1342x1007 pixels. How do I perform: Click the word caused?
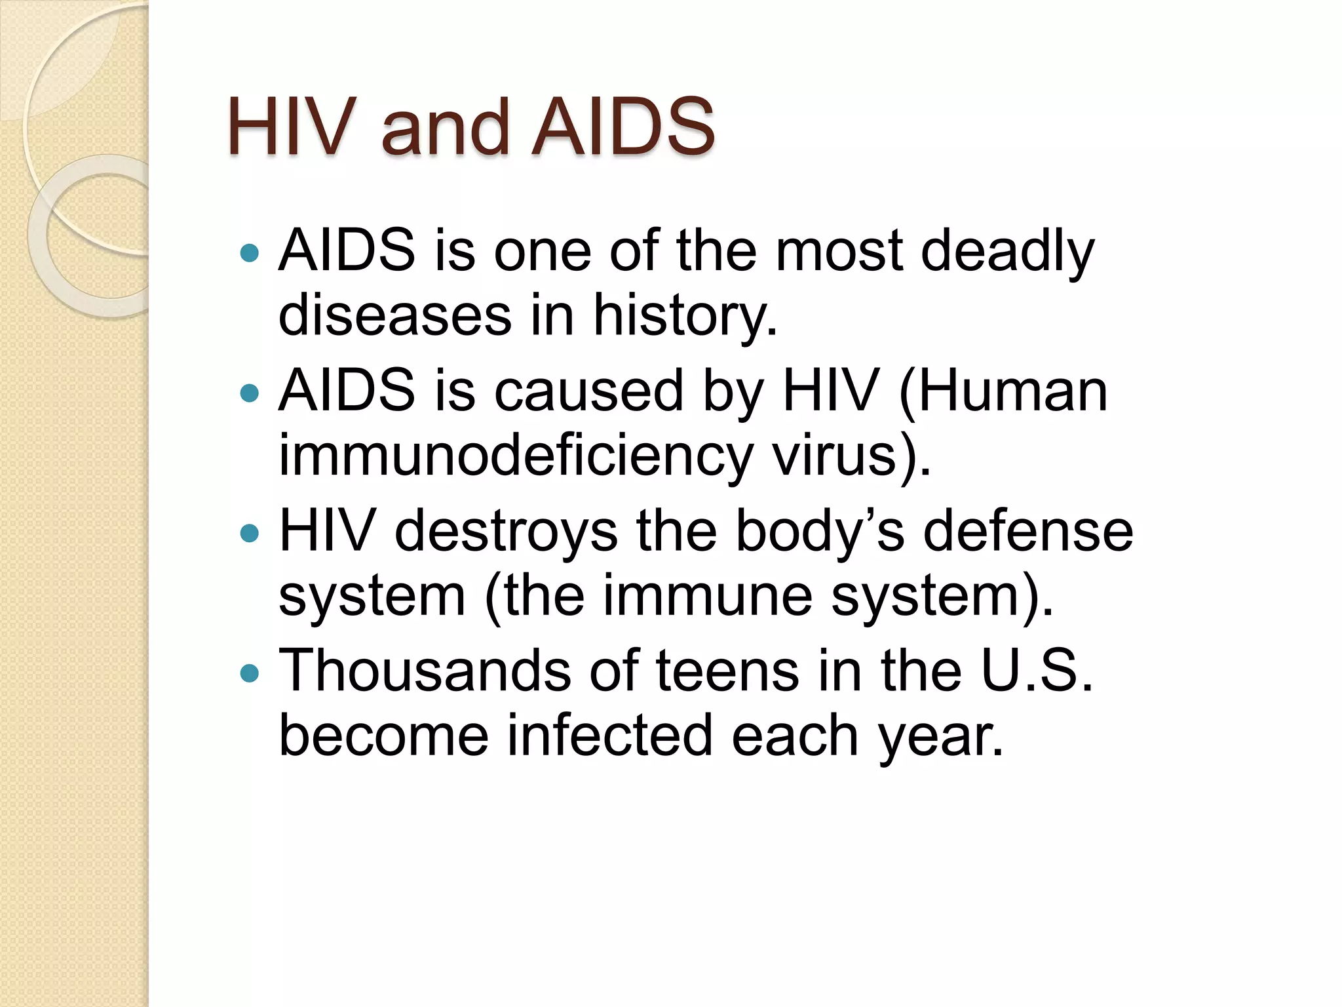[588, 391]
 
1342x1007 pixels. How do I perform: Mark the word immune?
[708, 595]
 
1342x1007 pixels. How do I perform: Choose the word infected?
[610, 736]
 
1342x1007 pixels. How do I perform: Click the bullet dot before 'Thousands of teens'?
[250, 673]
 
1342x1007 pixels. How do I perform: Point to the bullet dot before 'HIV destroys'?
[250, 533]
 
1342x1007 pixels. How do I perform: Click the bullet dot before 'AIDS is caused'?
[250, 393]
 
